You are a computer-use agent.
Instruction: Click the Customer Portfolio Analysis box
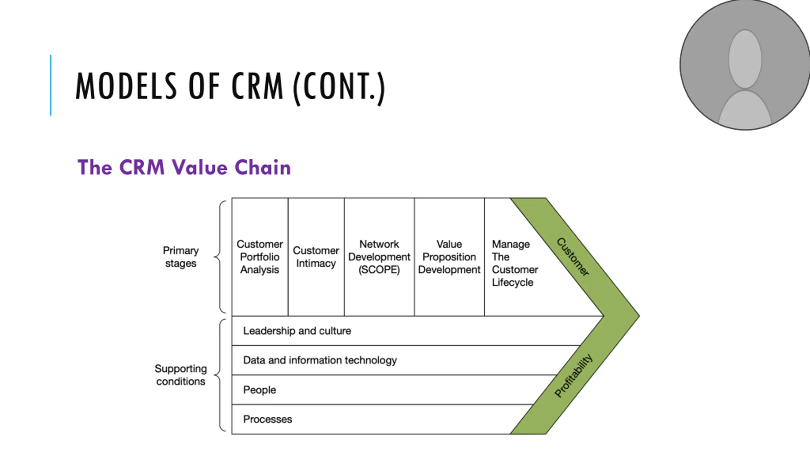click(x=260, y=257)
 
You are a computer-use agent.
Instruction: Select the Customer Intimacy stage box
click(x=316, y=257)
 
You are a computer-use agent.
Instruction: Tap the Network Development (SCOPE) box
click(x=379, y=257)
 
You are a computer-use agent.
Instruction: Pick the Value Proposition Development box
click(x=449, y=257)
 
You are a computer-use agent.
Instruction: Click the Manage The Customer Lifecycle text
click(x=515, y=263)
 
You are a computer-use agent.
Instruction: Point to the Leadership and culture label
click(x=297, y=331)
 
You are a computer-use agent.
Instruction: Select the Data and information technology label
click(x=320, y=360)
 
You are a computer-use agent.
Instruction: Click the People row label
click(x=259, y=390)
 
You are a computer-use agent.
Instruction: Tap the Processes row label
click(x=267, y=419)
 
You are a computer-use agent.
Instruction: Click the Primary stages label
click(x=181, y=257)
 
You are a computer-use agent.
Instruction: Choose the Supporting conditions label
click(x=181, y=375)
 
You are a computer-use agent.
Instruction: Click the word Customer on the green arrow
click(x=573, y=257)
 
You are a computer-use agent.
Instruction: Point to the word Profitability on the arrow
click(x=573, y=375)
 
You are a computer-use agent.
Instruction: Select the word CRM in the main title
click(x=257, y=86)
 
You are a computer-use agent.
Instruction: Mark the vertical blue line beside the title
click(x=51, y=85)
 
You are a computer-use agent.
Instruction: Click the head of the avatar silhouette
click(x=745, y=59)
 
